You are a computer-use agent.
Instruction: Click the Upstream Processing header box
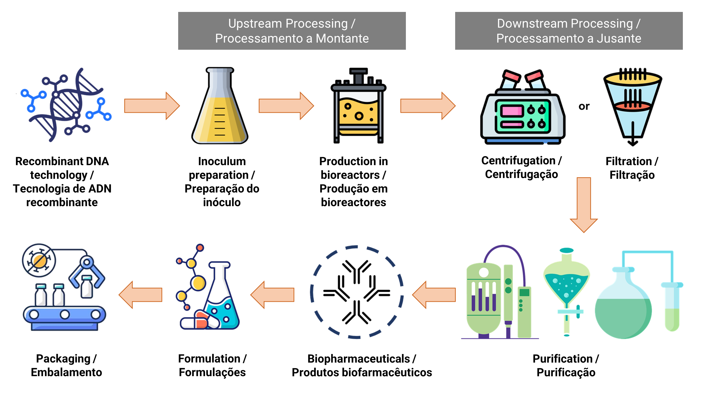[292, 31]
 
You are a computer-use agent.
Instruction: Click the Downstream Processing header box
[568, 31]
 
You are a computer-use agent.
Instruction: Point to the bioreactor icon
[358, 106]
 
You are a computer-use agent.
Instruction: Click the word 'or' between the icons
[584, 106]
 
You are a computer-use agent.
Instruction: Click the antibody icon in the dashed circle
[357, 292]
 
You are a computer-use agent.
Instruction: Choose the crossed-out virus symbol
[39, 260]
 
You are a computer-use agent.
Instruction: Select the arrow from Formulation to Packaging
[141, 295]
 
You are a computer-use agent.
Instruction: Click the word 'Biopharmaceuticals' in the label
[358, 358]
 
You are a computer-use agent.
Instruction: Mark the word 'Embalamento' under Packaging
[66, 372]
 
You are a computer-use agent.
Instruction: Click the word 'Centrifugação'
[521, 174]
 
